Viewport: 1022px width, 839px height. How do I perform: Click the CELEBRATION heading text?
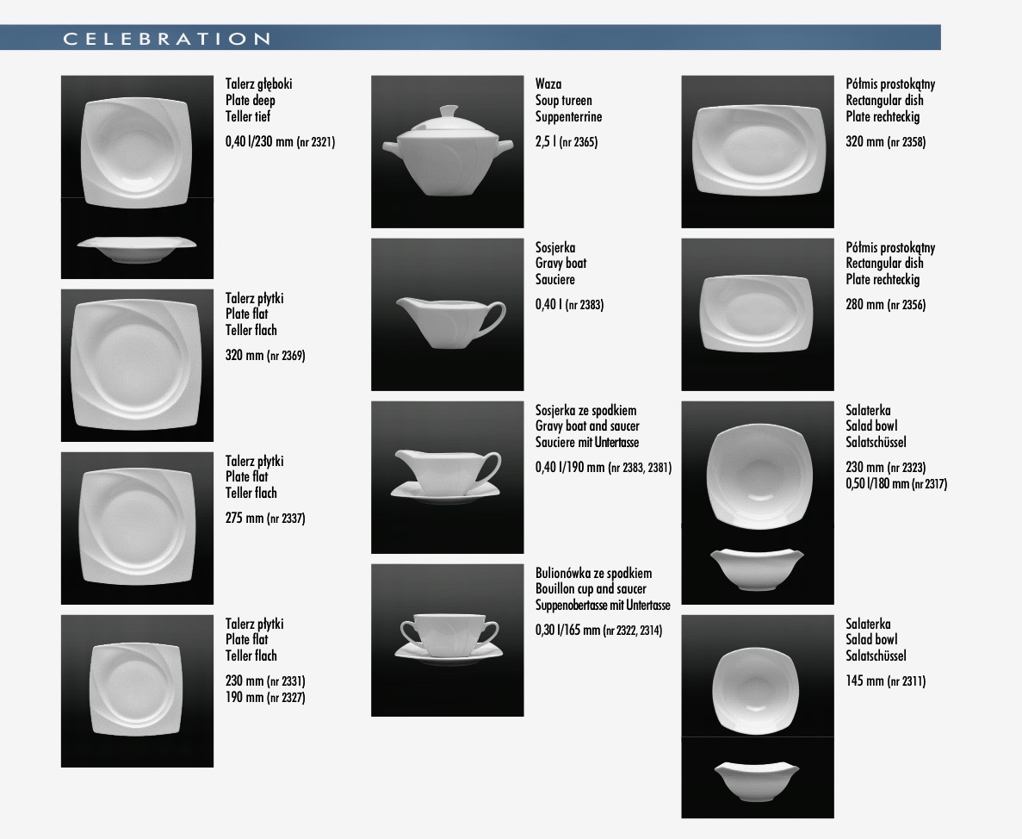[x=167, y=39]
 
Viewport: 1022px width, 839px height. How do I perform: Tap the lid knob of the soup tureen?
[x=449, y=112]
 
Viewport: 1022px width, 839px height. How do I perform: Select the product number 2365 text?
[x=578, y=142]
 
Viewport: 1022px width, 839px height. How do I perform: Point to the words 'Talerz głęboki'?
[x=259, y=84]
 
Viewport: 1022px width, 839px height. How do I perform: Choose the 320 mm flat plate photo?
[x=137, y=366]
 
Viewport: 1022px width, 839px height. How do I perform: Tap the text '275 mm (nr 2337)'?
[x=265, y=519]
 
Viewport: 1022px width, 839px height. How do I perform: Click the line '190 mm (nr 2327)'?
[x=265, y=698]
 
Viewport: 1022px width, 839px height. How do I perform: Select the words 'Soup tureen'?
[x=564, y=101]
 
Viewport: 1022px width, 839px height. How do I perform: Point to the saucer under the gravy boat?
[x=446, y=492]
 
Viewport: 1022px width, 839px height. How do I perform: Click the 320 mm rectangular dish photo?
[x=757, y=152]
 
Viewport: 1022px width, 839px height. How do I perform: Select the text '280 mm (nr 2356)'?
[x=886, y=304]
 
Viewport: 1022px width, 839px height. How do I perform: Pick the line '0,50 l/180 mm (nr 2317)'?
[x=896, y=484]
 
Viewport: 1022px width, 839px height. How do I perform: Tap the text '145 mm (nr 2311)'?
[x=886, y=681]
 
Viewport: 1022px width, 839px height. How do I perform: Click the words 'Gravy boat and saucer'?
[x=587, y=426]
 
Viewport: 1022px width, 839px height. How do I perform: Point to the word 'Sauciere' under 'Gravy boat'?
[x=555, y=280]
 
